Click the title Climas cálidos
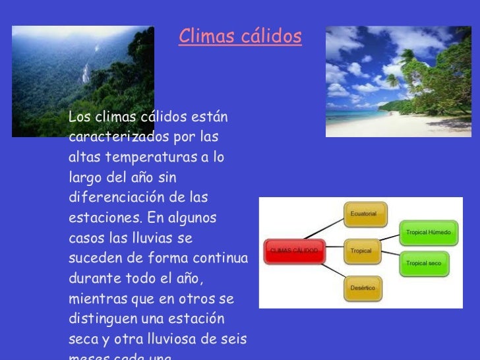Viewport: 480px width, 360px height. tap(240, 37)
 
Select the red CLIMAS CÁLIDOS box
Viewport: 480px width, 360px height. tap(294, 251)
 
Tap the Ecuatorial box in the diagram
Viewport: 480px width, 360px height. tap(365, 214)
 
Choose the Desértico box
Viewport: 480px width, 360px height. tap(365, 288)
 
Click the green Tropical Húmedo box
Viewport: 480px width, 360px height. tap(429, 233)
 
